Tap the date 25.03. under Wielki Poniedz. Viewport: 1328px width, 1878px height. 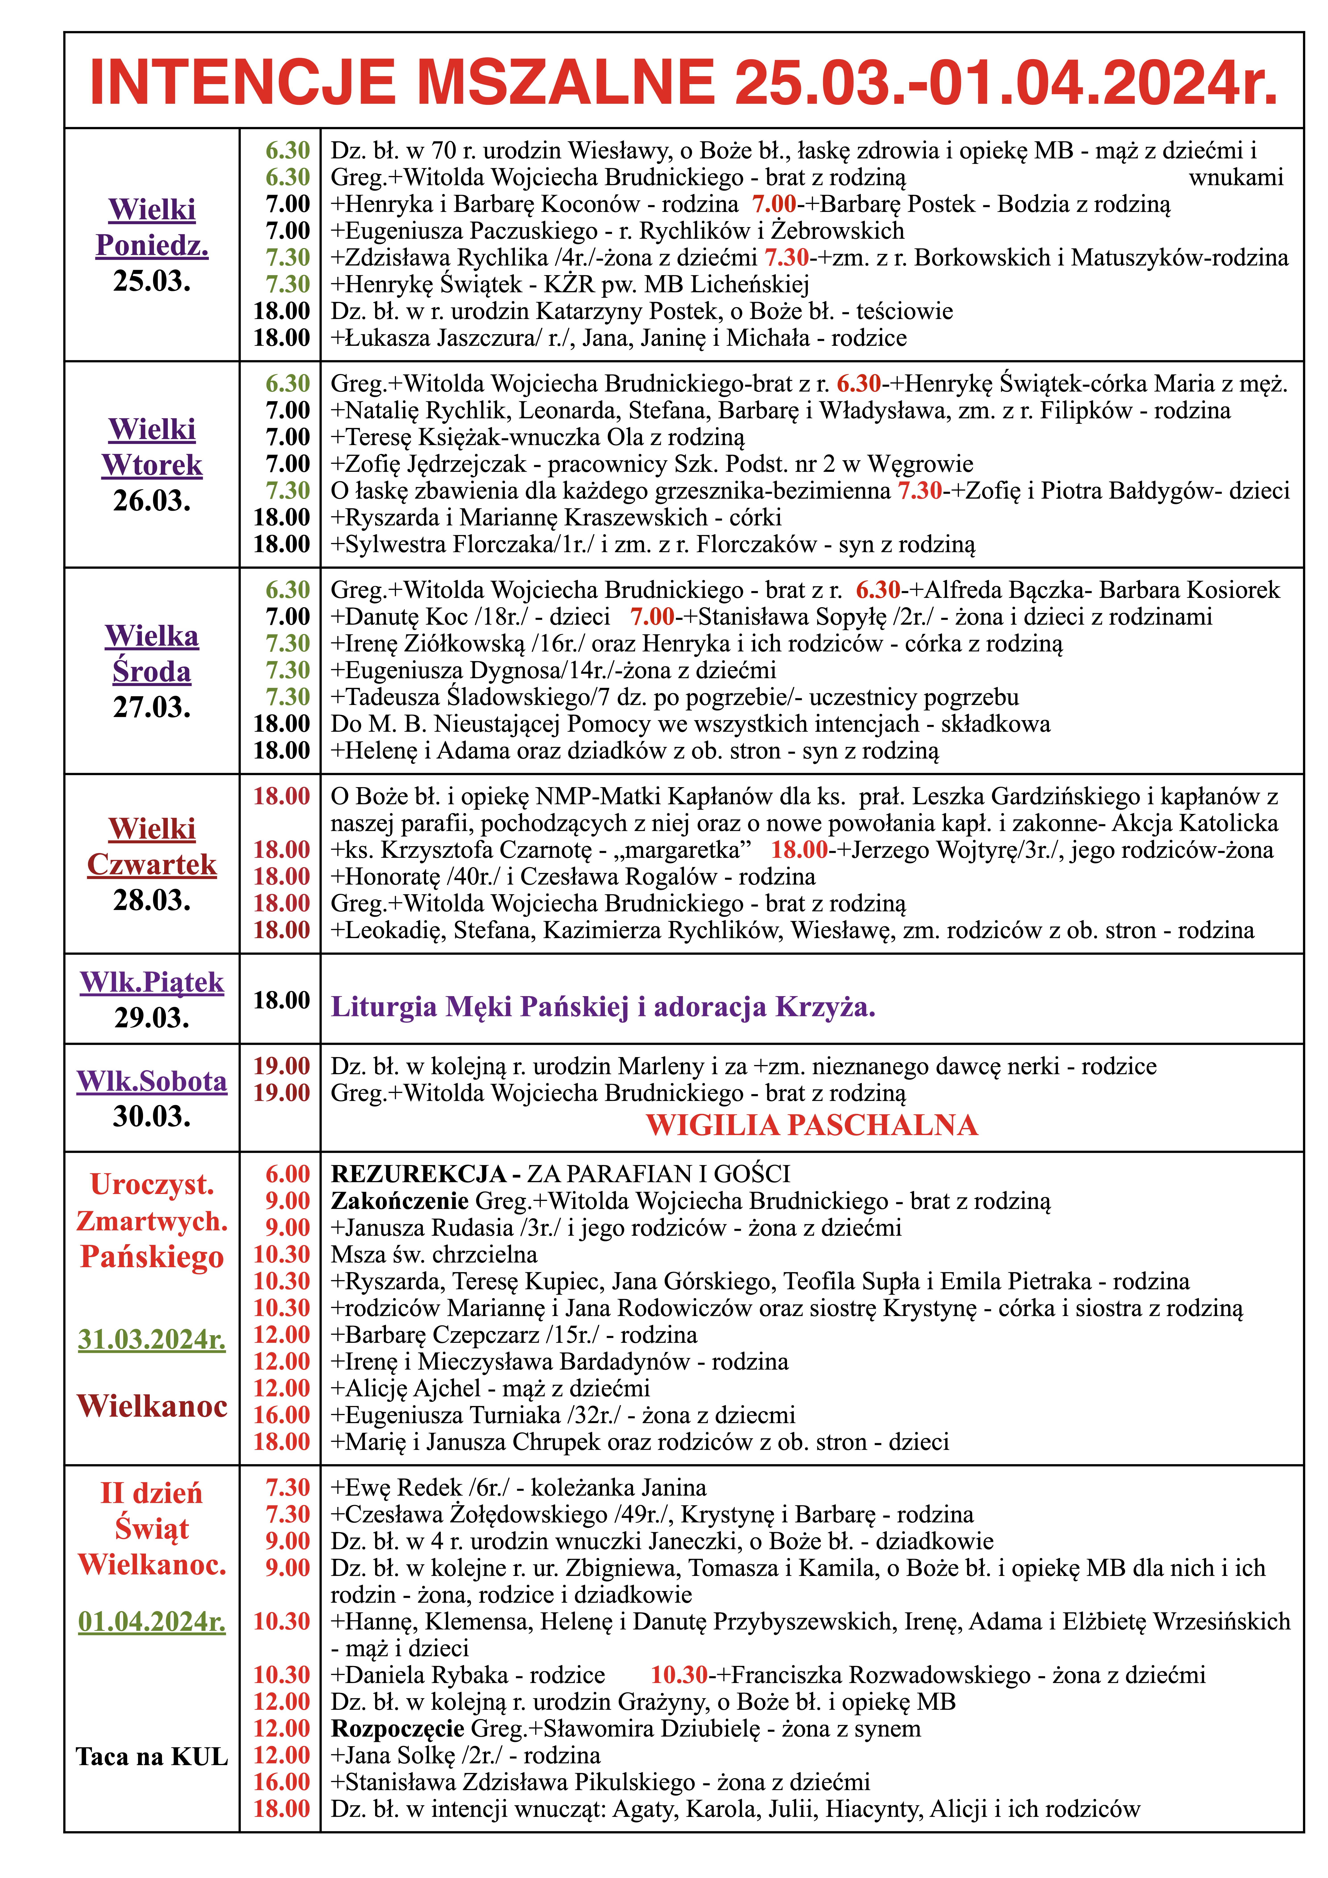pos(152,281)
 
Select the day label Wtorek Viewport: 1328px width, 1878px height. pos(152,465)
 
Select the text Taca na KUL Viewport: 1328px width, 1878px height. pos(152,1755)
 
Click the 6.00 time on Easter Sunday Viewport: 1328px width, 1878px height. pos(287,1174)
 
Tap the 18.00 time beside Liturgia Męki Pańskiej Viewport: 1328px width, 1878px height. pos(282,999)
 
